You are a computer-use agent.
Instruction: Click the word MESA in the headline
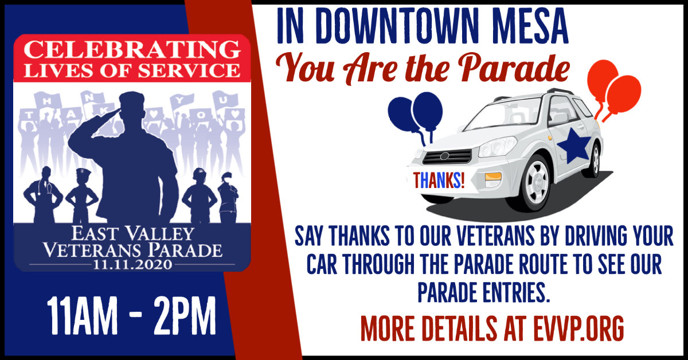530,26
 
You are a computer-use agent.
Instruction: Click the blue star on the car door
573,145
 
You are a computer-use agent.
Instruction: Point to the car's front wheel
537,183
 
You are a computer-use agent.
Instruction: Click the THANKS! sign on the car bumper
438,181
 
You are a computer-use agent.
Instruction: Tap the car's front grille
447,156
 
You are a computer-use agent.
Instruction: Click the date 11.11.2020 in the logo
132,264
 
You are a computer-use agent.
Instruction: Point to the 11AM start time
82,316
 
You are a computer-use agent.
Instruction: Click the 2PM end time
185,316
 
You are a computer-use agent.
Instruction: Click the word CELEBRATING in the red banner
132,50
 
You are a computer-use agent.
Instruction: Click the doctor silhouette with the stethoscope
43,195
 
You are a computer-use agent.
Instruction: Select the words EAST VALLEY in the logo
132,234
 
